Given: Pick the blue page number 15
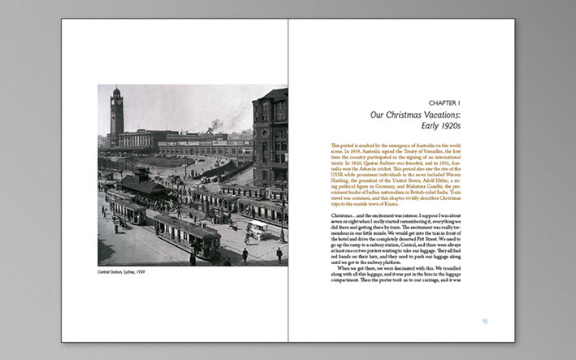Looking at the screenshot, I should pos(485,322).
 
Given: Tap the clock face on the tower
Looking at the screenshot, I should pos(117,104).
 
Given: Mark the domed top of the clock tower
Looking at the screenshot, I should pos(117,91).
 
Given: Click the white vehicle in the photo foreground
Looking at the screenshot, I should pos(257,229).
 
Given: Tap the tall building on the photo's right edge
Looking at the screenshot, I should pos(270,138).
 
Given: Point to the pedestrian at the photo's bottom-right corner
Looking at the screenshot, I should pos(278,254).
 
